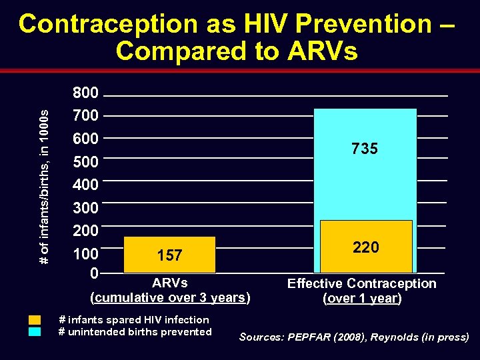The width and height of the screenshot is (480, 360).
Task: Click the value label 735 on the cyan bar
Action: tap(365, 149)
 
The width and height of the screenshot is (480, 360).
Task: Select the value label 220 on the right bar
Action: tap(365, 247)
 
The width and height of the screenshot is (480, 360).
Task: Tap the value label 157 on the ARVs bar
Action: tap(169, 255)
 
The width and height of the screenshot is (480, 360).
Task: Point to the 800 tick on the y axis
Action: tap(85, 93)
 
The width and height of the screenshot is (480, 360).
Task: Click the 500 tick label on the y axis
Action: tap(85, 162)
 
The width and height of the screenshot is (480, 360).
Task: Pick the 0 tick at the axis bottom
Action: tap(94, 273)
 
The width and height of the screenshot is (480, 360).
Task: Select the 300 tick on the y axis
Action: tap(85, 208)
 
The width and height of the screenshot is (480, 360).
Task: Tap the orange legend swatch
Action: tap(35, 320)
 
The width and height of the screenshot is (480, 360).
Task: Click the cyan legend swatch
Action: tap(35, 331)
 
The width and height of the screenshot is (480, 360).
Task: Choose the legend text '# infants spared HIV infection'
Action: tap(133, 320)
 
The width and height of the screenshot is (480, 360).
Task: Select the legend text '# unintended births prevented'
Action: tap(135, 332)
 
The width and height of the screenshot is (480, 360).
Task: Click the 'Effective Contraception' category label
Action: tap(361, 283)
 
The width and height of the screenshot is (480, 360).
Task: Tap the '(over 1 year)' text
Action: tap(362, 299)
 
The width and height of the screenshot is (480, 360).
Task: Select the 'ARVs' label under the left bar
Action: tap(169, 283)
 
